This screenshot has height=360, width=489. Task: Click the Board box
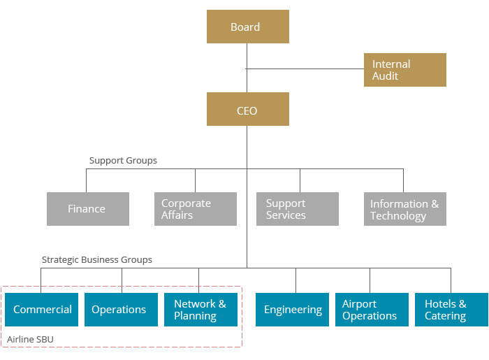coord(247,27)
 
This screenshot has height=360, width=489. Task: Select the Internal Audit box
coord(404,70)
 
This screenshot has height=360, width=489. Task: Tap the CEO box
coord(247,110)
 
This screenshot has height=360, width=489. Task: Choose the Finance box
coord(87,209)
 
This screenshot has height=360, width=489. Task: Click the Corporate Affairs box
coord(195,209)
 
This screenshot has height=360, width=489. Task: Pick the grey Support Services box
coord(297,209)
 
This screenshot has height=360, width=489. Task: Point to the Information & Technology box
coord(404,209)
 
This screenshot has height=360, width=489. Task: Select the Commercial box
coord(42,310)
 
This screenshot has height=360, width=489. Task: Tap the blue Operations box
coord(121,310)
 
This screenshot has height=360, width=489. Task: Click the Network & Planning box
coord(200,310)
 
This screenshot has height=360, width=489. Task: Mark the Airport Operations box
coord(371,310)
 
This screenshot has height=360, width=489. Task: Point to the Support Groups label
coord(123,161)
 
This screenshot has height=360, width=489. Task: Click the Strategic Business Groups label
coord(96,260)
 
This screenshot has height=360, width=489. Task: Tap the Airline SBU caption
coord(30,340)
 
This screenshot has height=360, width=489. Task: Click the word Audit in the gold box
coord(385,76)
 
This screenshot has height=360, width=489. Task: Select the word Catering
coord(445,316)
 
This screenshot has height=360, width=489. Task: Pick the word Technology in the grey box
coord(398,216)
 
